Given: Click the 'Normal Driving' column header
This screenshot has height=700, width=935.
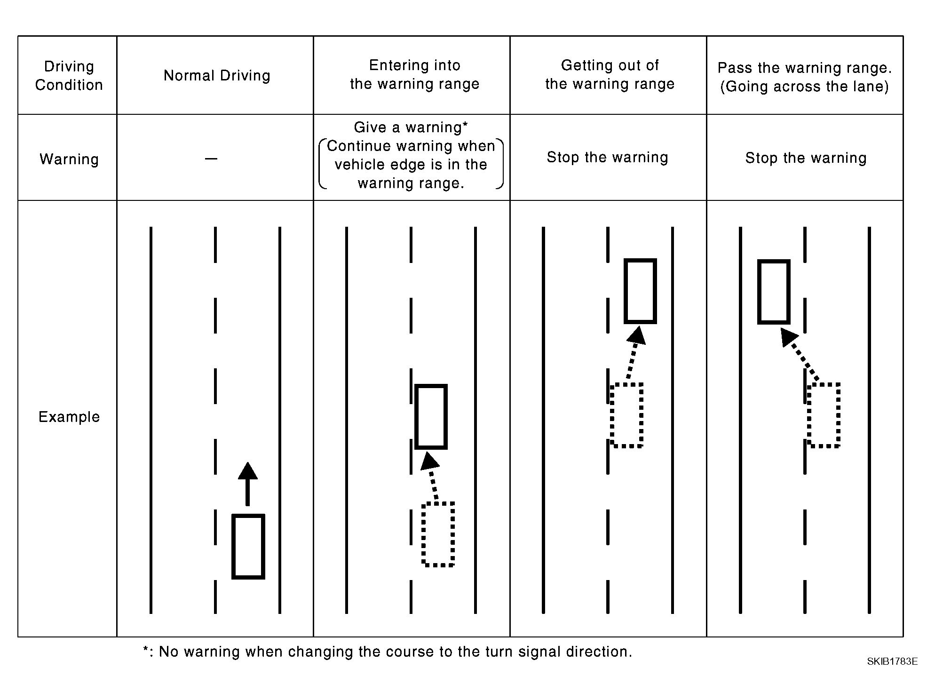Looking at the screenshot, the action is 217,76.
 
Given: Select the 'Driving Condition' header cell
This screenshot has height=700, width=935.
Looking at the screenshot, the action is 69,76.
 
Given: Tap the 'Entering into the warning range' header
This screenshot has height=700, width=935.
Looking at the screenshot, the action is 414,74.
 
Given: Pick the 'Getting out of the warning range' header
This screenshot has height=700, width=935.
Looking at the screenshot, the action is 610,74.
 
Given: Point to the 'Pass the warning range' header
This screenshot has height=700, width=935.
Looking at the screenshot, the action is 805,77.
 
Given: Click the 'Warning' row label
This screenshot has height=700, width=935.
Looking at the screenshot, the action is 69,159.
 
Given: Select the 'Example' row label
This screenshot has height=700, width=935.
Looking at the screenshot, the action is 69,417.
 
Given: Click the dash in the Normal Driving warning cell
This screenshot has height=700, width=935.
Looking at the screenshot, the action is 211,159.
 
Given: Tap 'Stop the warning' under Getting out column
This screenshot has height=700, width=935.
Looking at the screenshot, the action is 607,157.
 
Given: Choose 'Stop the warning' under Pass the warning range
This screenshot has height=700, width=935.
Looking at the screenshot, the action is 806,158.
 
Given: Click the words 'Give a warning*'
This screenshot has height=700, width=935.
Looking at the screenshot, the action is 411,127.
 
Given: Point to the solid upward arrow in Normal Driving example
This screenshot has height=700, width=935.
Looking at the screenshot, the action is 248,484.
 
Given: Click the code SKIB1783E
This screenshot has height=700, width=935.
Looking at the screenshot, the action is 892,661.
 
